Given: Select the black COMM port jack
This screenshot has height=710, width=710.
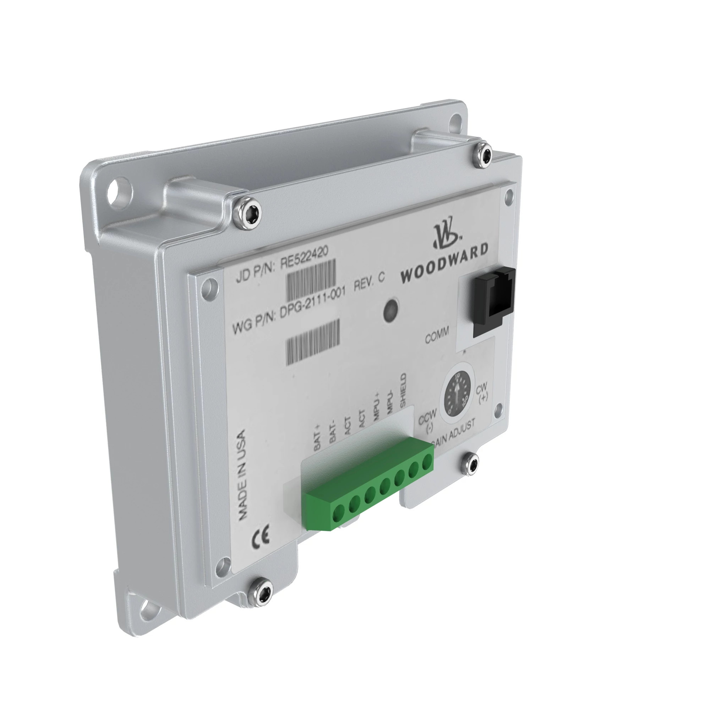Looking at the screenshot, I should tap(493, 302).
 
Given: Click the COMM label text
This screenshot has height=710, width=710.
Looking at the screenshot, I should tap(437, 335).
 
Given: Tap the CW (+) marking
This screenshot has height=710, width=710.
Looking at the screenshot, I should tap(482, 393).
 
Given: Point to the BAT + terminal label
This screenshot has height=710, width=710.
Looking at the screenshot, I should tap(317, 437).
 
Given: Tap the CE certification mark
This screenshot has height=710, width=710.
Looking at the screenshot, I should tap(260, 536).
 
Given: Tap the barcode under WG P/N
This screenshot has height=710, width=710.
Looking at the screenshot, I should tap(313, 342).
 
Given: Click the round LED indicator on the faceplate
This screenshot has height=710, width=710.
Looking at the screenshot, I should tap(391, 311).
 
